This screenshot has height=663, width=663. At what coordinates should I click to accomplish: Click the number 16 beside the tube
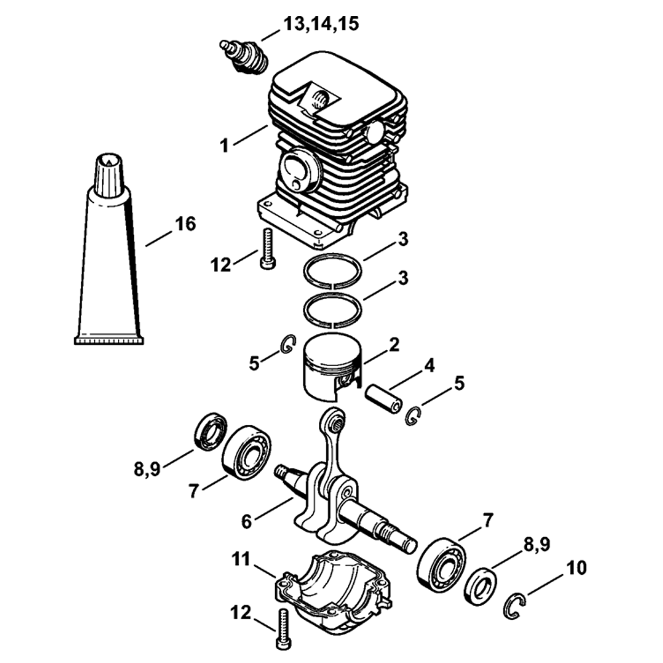(186, 224)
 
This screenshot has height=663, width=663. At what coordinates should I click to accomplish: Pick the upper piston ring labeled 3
(333, 271)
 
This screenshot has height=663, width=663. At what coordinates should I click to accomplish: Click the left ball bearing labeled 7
(246, 452)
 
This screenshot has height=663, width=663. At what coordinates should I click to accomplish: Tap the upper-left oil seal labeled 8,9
(210, 432)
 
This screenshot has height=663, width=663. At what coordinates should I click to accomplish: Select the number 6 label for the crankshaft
(247, 522)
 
